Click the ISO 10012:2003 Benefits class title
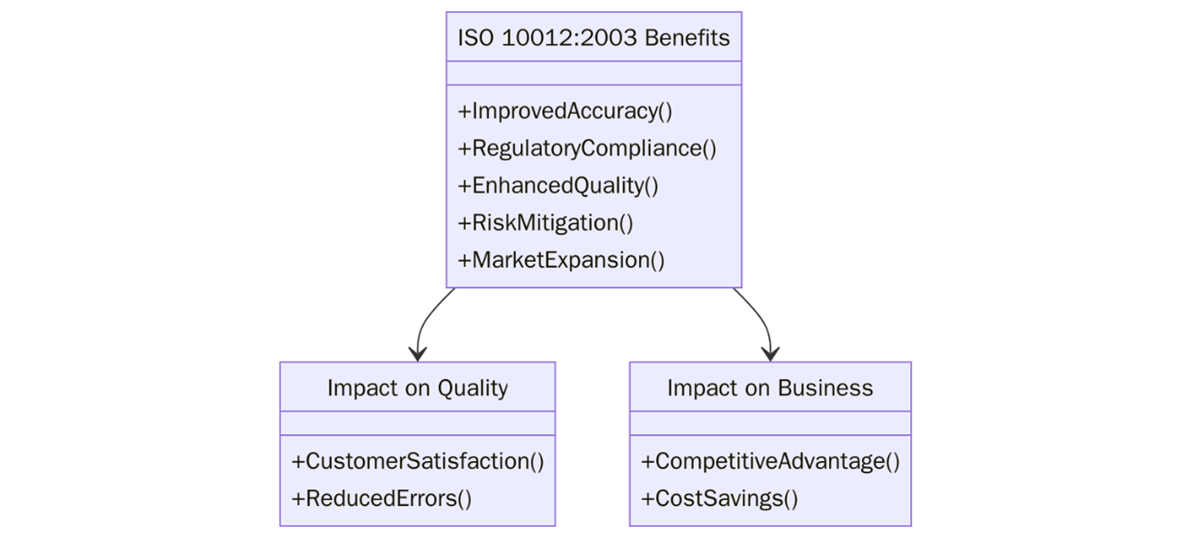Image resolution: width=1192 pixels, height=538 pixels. point(593,38)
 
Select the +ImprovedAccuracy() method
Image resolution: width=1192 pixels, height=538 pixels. point(564,112)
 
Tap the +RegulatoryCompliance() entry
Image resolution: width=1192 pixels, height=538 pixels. point(587,149)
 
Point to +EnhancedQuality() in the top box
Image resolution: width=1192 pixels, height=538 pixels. point(558,186)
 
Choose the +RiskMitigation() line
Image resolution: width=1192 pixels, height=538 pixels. point(545,223)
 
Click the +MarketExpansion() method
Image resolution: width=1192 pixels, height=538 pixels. point(561,260)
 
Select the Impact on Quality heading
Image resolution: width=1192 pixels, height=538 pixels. point(417,388)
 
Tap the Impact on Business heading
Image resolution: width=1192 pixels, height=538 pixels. point(769,388)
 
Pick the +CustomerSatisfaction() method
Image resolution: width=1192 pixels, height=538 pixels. point(418,462)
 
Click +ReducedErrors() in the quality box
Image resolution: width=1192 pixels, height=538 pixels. point(381,499)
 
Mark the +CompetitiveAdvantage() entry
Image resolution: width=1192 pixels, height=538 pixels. point(769,462)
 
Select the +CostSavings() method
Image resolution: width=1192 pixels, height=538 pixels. point(719,499)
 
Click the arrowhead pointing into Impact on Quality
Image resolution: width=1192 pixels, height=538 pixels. point(418,354)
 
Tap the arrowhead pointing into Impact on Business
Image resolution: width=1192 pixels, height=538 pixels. point(770,354)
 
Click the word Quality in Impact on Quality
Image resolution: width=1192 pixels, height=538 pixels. point(472,388)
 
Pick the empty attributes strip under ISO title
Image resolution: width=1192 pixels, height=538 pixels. point(593,74)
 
